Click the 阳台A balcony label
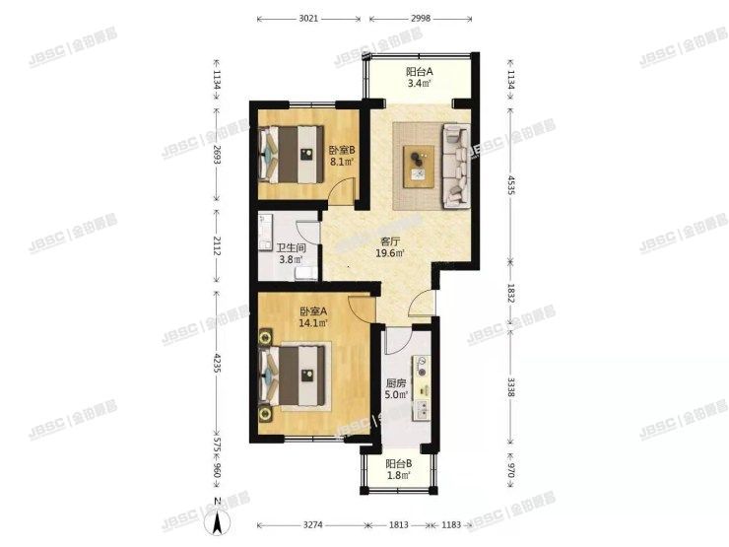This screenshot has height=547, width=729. pyautogui.click(x=421, y=78)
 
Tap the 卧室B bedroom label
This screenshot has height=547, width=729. pyautogui.click(x=341, y=156)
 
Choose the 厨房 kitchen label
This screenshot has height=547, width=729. pyautogui.click(x=396, y=390)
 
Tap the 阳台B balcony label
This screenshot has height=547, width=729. pyautogui.click(x=398, y=469)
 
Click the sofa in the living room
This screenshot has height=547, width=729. pyautogui.click(x=456, y=165)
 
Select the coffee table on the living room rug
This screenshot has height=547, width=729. pyautogui.click(x=419, y=163)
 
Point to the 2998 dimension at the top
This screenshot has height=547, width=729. pyautogui.click(x=421, y=18)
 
